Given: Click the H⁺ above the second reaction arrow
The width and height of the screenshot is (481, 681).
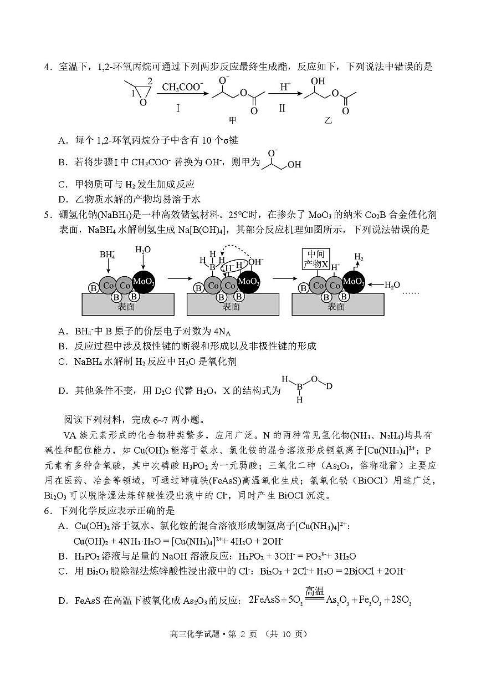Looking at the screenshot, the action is click(x=285, y=87).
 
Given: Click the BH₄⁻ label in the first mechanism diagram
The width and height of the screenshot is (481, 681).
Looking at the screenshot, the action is click(x=107, y=255).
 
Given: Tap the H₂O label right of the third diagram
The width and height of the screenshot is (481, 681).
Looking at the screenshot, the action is click(x=392, y=285).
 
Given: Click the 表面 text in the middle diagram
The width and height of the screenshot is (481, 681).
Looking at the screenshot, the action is click(x=232, y=307).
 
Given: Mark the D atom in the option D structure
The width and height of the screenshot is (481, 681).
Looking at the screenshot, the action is click(x=329, y=385).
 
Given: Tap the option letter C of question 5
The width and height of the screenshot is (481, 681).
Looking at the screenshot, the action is click(x=62, y=362).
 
